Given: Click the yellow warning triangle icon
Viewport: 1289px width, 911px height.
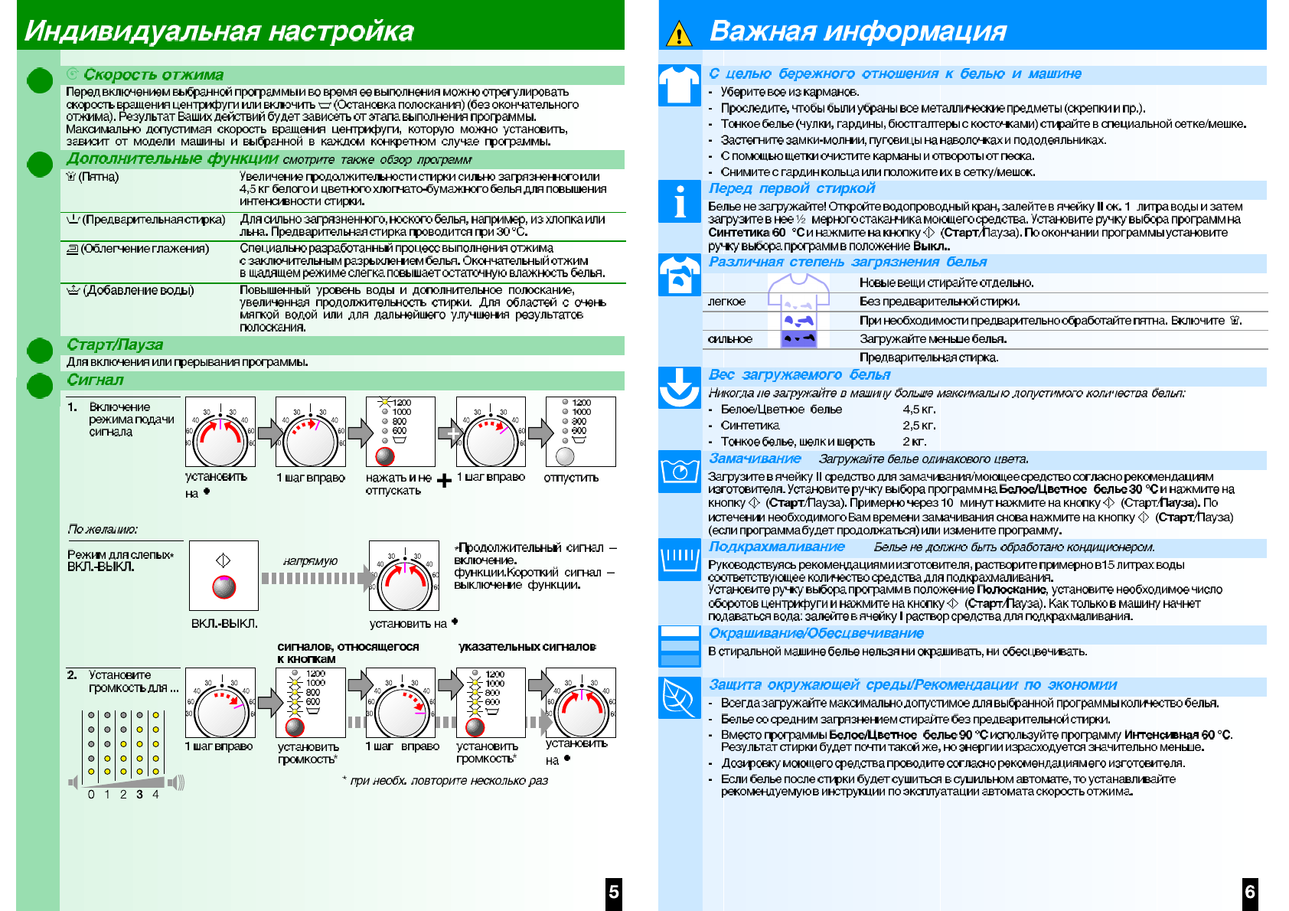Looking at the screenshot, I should [x=679, y=34].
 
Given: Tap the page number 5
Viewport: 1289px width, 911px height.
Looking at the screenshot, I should [x=614, y=892].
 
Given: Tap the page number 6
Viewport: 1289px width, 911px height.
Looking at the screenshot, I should [x=1250, y=892].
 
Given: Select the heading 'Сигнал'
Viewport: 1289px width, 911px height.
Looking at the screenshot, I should [x=95, y=380].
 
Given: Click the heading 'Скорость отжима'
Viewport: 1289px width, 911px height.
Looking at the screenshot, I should [x=153, y=75].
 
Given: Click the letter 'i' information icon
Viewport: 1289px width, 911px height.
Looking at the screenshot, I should [x=680, y=202].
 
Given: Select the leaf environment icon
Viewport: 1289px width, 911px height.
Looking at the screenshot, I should [x=680, y=697].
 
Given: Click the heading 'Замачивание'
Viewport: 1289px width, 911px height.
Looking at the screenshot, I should [x=755, y=459].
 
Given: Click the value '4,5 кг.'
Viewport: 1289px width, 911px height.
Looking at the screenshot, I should [x=919, y=410].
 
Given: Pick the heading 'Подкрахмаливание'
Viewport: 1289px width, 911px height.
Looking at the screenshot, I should [x=777, y=547].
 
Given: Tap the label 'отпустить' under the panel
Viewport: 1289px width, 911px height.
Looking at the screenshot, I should [x=571, y=478].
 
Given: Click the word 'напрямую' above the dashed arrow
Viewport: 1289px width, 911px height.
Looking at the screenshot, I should [x=310, y=561].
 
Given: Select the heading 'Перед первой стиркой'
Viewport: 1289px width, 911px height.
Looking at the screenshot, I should [x=791, y=188].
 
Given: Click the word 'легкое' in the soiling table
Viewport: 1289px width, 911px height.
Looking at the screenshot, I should [x=726, y=302].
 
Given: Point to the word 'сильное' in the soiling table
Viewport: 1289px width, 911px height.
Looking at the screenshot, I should [x=729, y=339].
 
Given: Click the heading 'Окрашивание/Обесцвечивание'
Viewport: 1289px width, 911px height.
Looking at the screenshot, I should [x=816, y=633].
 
